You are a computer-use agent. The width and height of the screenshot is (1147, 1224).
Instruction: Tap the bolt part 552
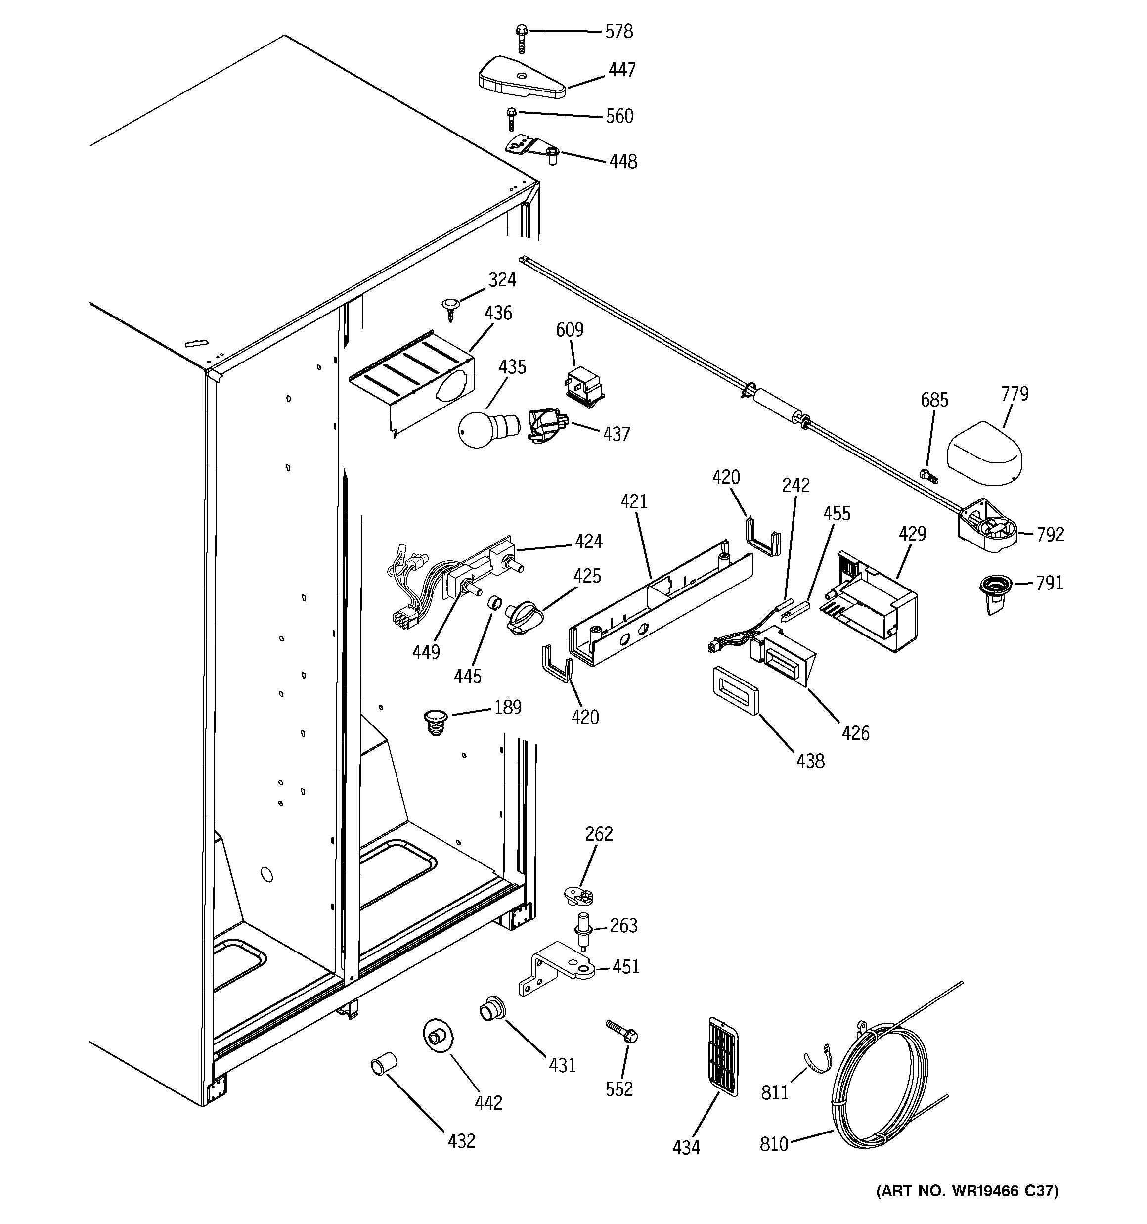pos(622,1030)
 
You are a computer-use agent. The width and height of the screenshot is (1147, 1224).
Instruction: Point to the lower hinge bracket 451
pos(557,975)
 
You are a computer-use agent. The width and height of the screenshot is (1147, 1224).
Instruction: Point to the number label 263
pos(623,925)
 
